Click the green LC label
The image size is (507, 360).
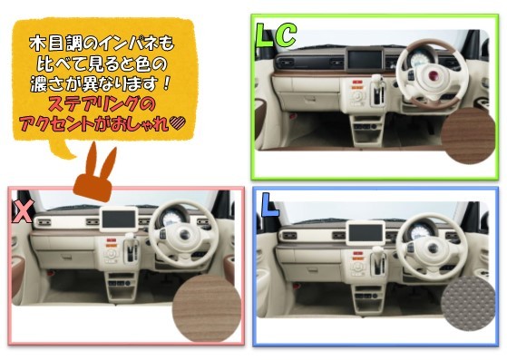click(x=276, y=34)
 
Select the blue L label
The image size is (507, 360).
click(x=269, y=205)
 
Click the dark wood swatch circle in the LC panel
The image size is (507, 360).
click(x=469, y=135)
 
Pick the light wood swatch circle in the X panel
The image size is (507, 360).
click(x=207, y=308)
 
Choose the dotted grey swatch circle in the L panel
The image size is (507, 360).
click(x=468, y=303)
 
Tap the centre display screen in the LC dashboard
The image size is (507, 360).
click(x=365, y=60)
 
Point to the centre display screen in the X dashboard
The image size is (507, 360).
click(x=119, y=219)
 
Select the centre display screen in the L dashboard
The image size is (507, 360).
click(x=366, y=233)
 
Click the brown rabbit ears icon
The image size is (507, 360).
click(x=93, y=173)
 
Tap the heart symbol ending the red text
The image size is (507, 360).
click(x=178, y=123)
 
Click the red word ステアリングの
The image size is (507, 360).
click(x=102, y=103)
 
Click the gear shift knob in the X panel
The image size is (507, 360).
click(x=130, y=237)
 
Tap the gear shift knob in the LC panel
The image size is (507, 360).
click(x=377, y=79)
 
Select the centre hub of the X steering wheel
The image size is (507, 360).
click(x=184, y=236)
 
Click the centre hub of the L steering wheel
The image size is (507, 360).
click(x=433, y=248)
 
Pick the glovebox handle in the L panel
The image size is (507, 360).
click(x=313, y=270)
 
